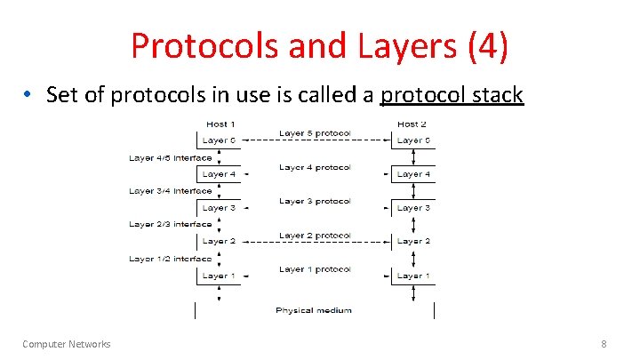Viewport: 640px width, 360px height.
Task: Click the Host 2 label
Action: click(412, 124)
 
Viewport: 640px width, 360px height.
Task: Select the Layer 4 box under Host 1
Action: click(219, 174)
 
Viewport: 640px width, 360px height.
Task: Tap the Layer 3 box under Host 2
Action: click(413, 208)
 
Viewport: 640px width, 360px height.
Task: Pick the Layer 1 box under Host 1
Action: click(219, 276)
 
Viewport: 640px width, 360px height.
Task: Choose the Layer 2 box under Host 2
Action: click(413, 242)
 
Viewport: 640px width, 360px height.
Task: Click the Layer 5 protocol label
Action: click(315, 133)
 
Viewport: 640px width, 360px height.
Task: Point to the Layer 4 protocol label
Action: click(315, 167)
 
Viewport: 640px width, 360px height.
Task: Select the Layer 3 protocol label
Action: click(315, 201)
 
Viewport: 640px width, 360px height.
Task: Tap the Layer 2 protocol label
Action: click(315, 236)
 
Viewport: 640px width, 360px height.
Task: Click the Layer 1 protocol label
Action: click(315, 269)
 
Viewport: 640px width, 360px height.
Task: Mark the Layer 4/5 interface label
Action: click(170, 158)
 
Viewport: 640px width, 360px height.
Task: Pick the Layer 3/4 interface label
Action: click(170, 191)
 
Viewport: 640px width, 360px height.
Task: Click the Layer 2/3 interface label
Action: click(170, 225)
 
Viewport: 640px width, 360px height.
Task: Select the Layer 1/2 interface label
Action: click(170, 259)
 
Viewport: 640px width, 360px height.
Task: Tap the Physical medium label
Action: click(313, 310)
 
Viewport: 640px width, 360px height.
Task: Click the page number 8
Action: click(604, 344)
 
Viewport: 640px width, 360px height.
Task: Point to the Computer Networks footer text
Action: click(67, 344)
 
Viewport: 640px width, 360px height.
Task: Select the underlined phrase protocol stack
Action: click(452, 94)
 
